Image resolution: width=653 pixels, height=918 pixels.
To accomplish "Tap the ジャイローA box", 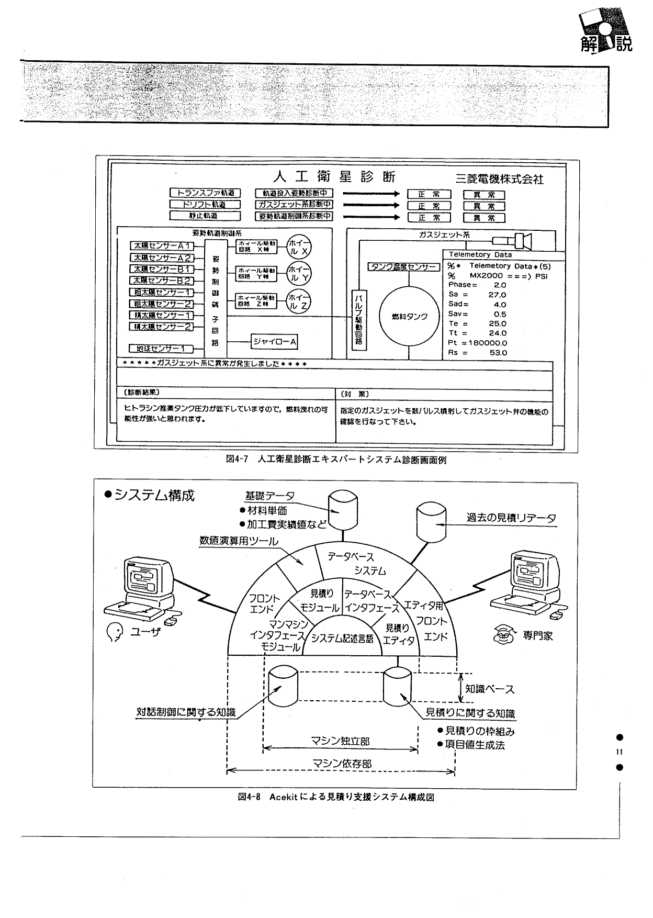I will coord(275,342).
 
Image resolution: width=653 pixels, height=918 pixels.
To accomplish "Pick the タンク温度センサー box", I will coord(403,267).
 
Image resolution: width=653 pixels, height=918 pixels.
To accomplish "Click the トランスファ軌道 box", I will coord(205,193).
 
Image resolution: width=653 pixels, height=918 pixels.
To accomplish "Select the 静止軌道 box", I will coord(205,216).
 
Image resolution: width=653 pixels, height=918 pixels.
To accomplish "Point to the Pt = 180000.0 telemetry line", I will coord(477,343).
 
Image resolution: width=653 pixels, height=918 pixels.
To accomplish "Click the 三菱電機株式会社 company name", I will coord(499,179).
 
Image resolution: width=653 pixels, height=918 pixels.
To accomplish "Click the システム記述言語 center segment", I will coord(342,639).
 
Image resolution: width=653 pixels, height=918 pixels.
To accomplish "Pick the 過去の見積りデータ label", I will coord(511,518).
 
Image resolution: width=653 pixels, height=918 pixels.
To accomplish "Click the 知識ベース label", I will coord(490,689).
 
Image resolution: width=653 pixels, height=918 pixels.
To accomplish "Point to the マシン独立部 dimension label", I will coord(340,741).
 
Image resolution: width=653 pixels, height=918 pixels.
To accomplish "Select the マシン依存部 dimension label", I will coord(342,764).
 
